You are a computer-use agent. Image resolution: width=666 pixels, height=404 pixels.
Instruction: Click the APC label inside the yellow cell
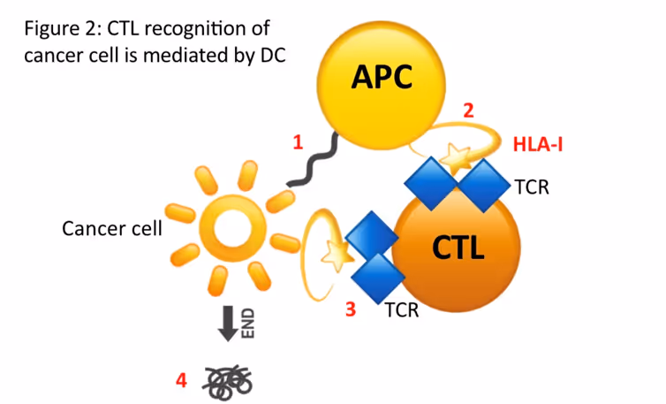(382, 78)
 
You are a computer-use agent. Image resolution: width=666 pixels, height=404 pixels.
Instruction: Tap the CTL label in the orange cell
(458, 248)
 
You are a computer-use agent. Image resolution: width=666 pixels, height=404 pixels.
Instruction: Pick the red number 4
(181, 381)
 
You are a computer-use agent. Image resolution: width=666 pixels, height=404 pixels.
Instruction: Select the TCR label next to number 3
(401, 310)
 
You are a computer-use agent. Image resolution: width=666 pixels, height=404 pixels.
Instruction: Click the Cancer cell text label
(112, 229)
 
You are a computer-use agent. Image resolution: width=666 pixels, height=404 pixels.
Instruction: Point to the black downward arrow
(227, 322)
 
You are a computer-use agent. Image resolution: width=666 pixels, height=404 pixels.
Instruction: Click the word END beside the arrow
(247, 320)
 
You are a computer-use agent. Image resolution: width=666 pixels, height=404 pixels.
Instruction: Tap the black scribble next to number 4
(228, 380)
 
